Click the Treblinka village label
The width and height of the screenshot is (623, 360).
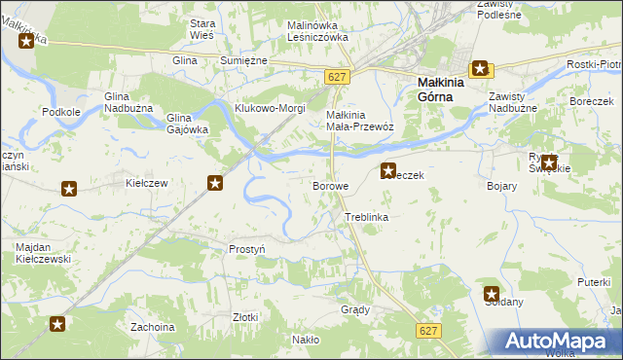coord(366,217)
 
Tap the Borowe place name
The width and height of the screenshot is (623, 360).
coord(329,185)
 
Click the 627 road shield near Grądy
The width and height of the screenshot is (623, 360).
coord(427,331)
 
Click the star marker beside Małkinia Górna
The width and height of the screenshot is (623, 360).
coord(481,69)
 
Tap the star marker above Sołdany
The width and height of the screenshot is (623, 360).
coord(492,293)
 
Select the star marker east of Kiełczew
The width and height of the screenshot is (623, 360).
coord(215,182)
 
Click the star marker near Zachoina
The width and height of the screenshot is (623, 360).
coord(57,324)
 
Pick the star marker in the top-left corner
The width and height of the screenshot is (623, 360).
coord(26,41)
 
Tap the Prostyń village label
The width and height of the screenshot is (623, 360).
coord(246,249)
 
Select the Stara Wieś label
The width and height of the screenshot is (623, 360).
coord(202,29)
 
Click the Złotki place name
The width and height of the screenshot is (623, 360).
coord(245,317)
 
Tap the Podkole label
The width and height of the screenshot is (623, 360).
coord(60,112)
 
